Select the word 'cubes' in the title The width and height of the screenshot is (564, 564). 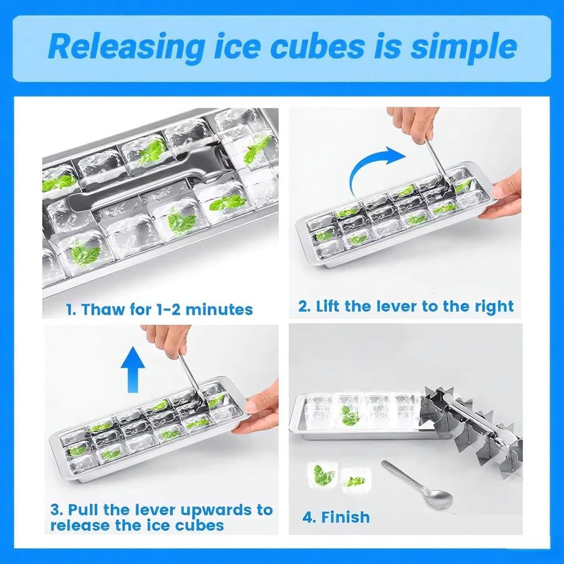coord(317,46)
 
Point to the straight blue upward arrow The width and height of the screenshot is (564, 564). coord(133,369)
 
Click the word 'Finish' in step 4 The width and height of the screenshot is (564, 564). coord(345,517)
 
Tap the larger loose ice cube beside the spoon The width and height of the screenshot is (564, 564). coord(321,475)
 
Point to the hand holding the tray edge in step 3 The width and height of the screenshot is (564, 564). coord(255,409)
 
